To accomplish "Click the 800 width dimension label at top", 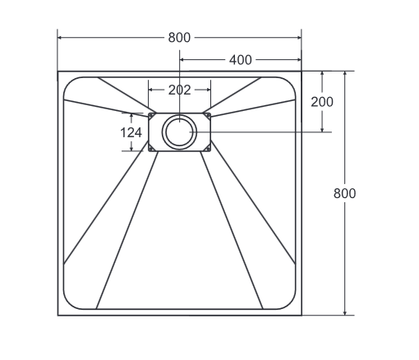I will pos(179,37).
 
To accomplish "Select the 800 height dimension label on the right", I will pos(345,193).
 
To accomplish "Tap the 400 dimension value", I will pos(241,60).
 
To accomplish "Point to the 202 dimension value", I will pos(179,90).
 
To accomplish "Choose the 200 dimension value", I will pos(323,101).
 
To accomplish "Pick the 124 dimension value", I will pos(131,132).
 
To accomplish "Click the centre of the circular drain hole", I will pos(179,132).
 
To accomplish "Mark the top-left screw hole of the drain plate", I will pos(150,116).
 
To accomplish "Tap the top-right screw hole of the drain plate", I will pos(208,116).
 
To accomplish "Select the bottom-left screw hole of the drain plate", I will pos(150,148).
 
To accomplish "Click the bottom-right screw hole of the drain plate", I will pos(208,148).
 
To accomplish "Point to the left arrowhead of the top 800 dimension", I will pos(60,37).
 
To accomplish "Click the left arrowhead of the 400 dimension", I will pos(182,60).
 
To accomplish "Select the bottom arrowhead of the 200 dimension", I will pos(323,129).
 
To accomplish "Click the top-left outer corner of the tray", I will pos(58,71).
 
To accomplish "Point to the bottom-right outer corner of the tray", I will pos(302,315).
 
